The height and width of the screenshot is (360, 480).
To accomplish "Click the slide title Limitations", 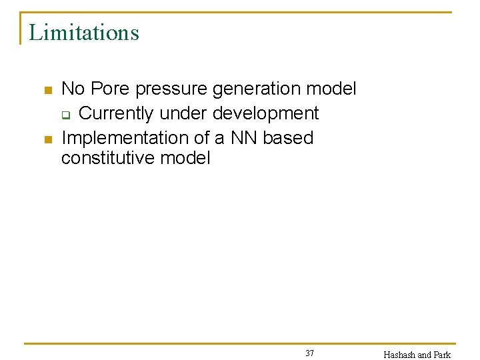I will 84,32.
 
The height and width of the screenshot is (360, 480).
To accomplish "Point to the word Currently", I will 116,113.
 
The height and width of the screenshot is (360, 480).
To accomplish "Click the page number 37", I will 309,353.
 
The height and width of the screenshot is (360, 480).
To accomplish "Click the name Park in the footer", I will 442,355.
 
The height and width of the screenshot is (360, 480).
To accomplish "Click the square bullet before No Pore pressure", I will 47,90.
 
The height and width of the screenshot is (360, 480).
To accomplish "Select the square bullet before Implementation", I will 47,139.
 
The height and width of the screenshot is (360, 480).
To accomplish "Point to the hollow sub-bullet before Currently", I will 66,115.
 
